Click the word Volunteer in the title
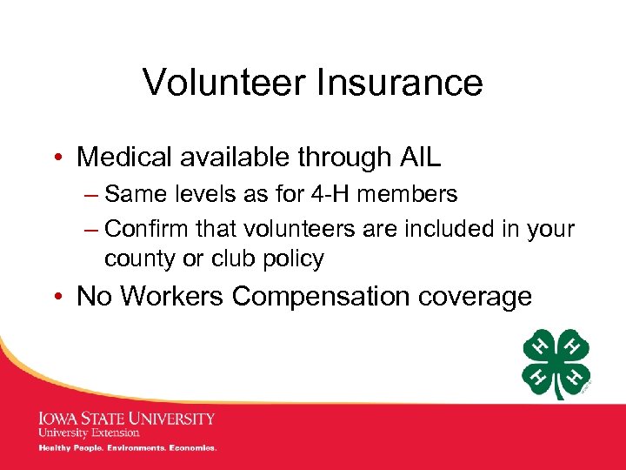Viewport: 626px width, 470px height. click(224, 83)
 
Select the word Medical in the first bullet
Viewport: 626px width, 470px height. click(126, 157)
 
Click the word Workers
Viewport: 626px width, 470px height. click(174, 296)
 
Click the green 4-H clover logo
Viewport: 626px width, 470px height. click(556, 364)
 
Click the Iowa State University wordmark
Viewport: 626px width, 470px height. click(126, 418)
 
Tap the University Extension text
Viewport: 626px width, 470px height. click(89, 433)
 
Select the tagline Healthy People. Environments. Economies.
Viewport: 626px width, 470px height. click(127, 448)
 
